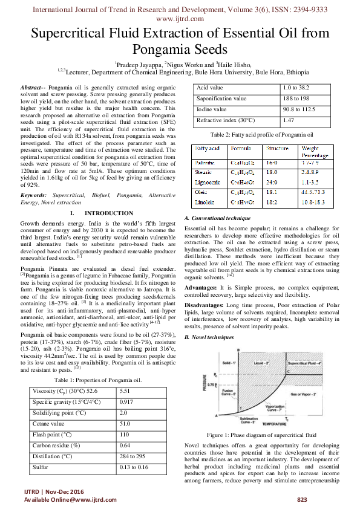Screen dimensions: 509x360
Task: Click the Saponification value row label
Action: pos(222,99)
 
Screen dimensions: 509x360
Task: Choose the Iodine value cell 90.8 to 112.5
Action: pos(303,109)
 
